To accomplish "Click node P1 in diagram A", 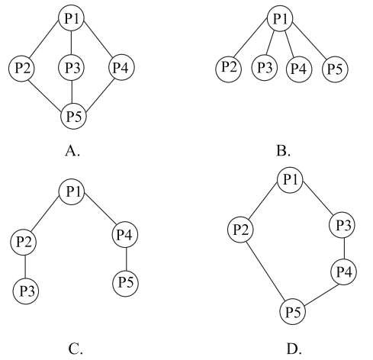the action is pyautogui.click(x=72, y=18).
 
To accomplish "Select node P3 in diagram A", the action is pyautogui.click(x=72, y=68).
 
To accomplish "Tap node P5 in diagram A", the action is pyautogui.click(x=74, y=116).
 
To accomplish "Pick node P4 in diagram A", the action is pyautogui.click(x=121, y=67).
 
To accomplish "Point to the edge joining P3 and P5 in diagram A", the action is pyautogui.click(x=72, y=92).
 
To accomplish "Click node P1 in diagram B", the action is pyautogui.click(x=280, y=18).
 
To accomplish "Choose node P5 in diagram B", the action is pyautogui.click(x=335, y=69).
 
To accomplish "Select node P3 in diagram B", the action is pyautogui.click(x=265, y=68).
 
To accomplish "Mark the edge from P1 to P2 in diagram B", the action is pyautogui.click(x=250, y=39).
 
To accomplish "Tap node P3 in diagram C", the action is pyautogui.click(x=26, y=291).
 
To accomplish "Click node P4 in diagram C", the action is pyautogui.click(x=125, y=235).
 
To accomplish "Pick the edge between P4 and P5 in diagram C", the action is pyautogui.click(x=127, y=259).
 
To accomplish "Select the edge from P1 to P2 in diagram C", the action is pyautogui.click(x=45, y=213).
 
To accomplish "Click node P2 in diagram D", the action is pyautogui.click(x=240, y=230).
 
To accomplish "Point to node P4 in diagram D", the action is pyautogui.click(x=343, y=272).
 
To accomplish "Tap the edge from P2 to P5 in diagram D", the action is pyautogui.click(x=266, y=271).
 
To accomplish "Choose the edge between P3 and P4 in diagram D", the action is pyautogui.click(x=345, y=248).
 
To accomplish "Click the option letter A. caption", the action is pyautogui.click(x=72, y=151).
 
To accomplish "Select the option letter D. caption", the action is pyautogui.click(x=294, y=349).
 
